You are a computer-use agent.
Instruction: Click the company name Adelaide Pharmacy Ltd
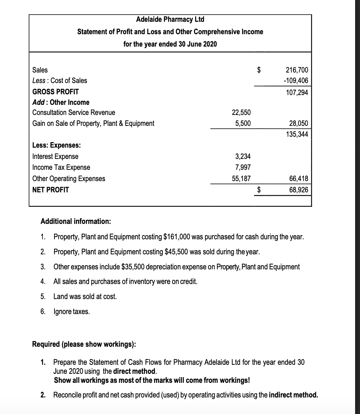pyautogui.click(x=170, y=19)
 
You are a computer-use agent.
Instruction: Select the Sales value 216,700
pyautogui.click(x=297, y=70)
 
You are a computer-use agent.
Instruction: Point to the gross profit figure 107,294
pyautogui.click(x=297, y=92)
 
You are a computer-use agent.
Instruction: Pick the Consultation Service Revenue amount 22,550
pyautogui.click(x=242, y=113)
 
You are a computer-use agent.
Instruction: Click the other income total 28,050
pyautogui.click(x=298, y=123)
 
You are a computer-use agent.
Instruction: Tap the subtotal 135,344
pyautogui.click(x=297, y=134)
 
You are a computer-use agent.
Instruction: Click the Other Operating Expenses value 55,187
pyautogui.click(x=242, y=179)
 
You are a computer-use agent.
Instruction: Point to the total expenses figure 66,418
pyautogui.click(x=298, y=179)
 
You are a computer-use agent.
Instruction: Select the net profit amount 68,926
pyautogui.click(x=298, y=190)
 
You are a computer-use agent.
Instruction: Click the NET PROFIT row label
pyautogui.click(x=51, y=190)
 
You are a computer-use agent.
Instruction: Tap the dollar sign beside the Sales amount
pyautogui.click(x=259, y=70)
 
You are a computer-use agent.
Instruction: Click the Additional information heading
pyautogui.click(x=76, y=221)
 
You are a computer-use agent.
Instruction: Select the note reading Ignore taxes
pyautogui.click(x=71, y=311)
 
